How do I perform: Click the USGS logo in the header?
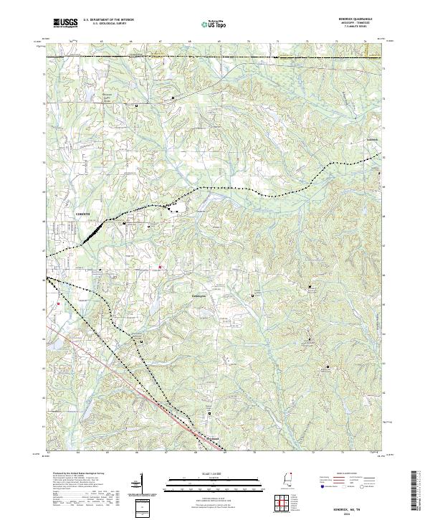[x=67, y=24]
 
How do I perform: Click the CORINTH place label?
[x=85, y=214]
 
